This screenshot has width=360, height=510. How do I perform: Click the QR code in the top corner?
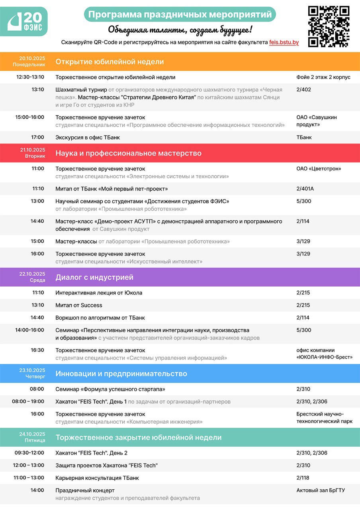(x=329, y=26)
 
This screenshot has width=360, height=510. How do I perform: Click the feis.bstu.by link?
(x=284, y=42)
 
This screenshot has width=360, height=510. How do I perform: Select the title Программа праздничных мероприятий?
(x=180, y=15)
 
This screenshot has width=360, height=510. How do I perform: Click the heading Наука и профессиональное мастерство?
(x=128, y=153)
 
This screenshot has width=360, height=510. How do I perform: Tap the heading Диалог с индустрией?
(x=94, y=277)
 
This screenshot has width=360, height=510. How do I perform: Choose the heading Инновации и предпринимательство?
(x=121, y=374)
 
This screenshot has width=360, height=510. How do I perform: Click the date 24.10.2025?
(x=32, y=434)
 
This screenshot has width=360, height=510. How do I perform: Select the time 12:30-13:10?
(x=30, y=77)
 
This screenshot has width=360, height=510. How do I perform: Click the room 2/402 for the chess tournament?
(x=303, y=90)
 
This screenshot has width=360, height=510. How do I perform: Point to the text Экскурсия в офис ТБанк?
(x=88, y=137)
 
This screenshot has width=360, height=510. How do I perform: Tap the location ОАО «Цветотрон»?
(x=319, y=169)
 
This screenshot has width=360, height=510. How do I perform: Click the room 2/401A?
(x=305, y=189)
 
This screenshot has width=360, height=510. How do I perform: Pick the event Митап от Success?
(x=79, y=306)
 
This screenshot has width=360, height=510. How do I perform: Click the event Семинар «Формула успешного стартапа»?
(x=110, y=389)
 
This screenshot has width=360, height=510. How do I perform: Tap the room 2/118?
(x=303, y=478)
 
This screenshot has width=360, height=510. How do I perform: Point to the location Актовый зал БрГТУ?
(x=320, y=490)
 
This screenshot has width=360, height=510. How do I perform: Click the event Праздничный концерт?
(x=85, y=490)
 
